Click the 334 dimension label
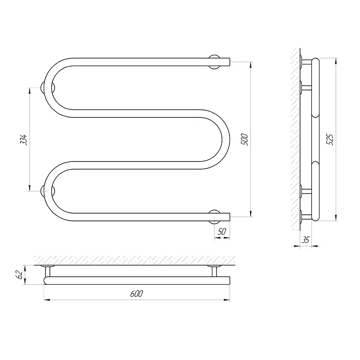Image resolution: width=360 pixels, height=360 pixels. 24,140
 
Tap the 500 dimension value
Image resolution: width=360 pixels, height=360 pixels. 244,139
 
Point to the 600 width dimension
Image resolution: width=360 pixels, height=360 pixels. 137,293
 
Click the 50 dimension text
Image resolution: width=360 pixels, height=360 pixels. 222,232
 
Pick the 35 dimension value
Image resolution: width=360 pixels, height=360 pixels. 306,240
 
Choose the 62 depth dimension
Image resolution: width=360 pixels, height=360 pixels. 20,275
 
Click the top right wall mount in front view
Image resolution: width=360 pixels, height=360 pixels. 215,62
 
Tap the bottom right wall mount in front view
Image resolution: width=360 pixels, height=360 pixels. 215,217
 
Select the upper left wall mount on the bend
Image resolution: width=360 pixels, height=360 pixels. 48,88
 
